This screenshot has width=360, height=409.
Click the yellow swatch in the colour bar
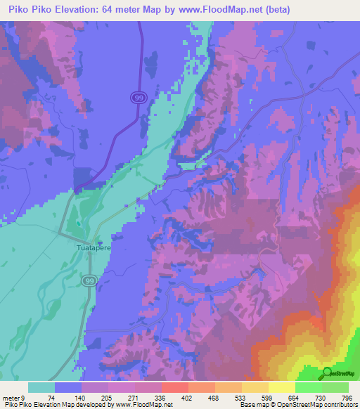(282, 387)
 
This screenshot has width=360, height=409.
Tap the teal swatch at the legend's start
(41, 387)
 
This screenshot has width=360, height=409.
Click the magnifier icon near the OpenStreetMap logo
(327, 373)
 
